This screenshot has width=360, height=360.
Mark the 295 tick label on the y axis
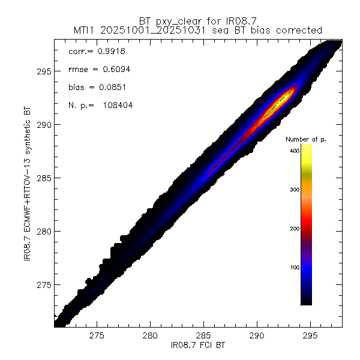point(43,71)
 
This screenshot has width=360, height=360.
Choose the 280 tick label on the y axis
point(43,232)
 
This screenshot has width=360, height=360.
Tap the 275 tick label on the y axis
point(43,284)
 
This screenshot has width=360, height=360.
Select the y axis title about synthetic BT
point(26,186)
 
